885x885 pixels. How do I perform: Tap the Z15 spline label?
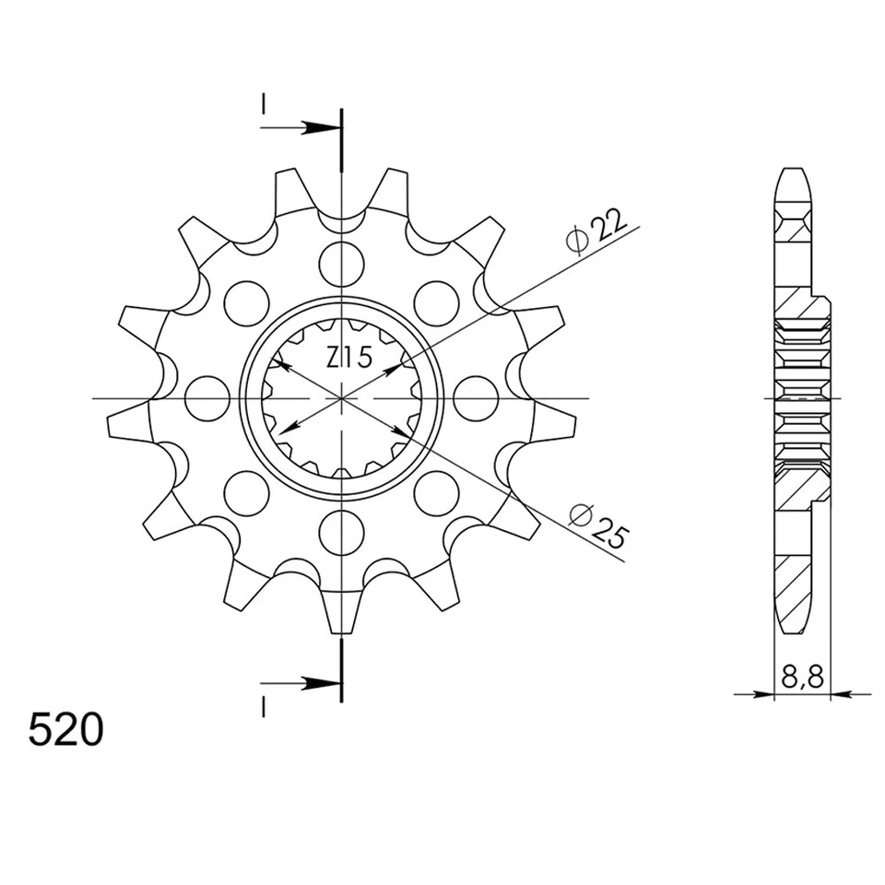[x=349, y=358]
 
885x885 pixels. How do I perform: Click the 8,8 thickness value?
[x=802, y=678]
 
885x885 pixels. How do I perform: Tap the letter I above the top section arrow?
[x=263, y=106]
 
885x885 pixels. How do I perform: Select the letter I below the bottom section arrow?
[x=263, y=707]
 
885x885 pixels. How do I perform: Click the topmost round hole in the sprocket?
[x=341, y=264]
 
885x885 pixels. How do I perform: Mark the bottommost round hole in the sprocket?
[x=341, y=533]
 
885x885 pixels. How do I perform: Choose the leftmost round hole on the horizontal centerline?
[x=206, y=398]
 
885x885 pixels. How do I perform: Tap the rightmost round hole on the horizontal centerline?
[x=476, y=398]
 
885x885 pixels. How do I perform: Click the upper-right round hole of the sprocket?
[x=436, y=303]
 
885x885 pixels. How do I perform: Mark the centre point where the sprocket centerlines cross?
[x=341, y=398]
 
